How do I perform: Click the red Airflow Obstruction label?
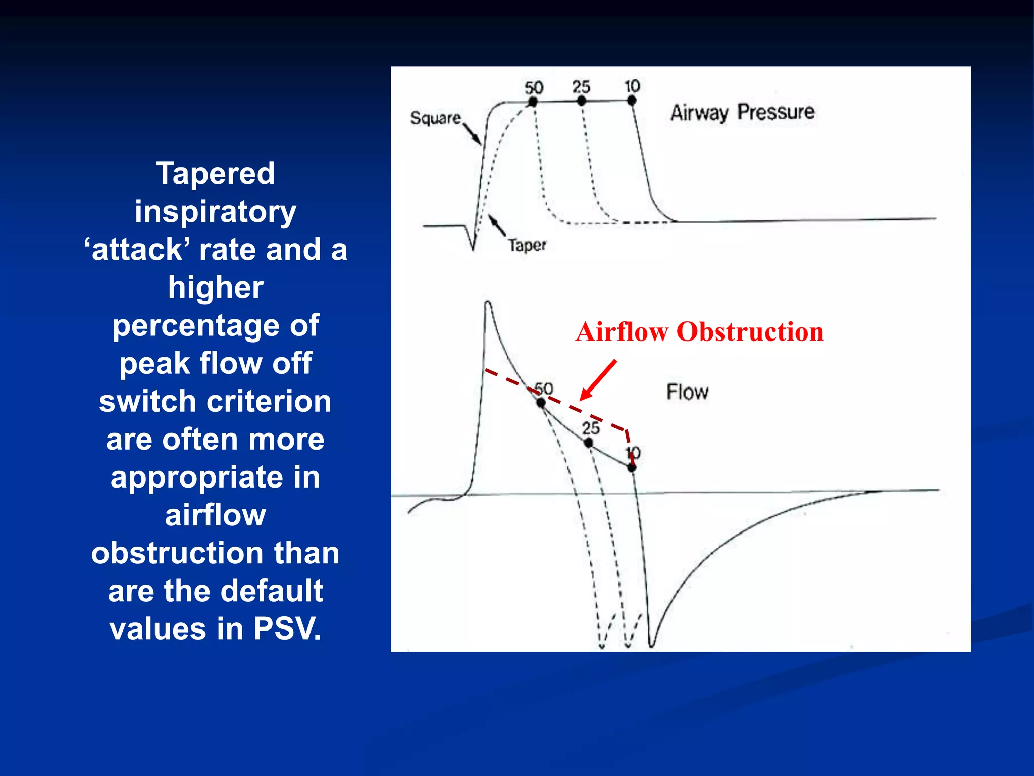click(699, 332)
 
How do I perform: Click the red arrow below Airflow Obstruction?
click(599, 380)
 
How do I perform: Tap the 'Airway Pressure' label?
click(742, 112)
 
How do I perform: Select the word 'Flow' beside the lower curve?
click(687, 392)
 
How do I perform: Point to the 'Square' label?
click(435, 118)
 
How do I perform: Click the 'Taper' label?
click(527, 246)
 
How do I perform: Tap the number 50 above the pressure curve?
click(534, 88)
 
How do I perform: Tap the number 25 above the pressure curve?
click(581, 87)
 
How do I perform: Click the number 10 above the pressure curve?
click(632, 86)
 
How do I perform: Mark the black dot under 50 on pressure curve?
click(532, 102)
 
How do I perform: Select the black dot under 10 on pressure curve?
click(632, 101)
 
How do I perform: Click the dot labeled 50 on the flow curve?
click(541, 403)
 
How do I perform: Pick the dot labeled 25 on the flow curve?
click(588, 443)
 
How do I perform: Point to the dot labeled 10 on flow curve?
click(632, 468)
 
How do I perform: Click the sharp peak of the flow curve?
click(487, 303)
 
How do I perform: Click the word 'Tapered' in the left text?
click(215, 173)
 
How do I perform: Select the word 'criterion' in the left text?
click(269, 401)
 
